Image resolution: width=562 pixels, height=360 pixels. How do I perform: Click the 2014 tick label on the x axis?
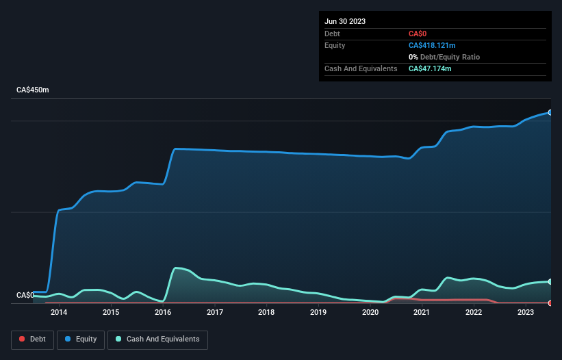point(59,313)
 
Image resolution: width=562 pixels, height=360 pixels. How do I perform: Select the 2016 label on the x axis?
point(163,313)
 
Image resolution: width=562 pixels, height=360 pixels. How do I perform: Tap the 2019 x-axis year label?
point(318,313)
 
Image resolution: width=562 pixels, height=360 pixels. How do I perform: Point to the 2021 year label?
point(422,313)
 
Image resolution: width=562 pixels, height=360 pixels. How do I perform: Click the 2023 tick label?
point(526,313)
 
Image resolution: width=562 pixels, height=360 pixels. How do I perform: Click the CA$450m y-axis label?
point(33,90)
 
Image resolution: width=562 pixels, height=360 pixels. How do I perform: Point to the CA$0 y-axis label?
point(25,295)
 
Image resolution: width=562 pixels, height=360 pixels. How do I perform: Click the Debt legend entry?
point(31,339)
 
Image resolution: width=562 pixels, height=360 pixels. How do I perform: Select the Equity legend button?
point(81,339)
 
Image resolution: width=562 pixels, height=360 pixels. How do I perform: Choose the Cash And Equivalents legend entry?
point(157,339)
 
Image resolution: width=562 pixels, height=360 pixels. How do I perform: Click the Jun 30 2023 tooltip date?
point(345,21)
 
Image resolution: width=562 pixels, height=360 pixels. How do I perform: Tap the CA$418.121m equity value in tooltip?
point(432,45)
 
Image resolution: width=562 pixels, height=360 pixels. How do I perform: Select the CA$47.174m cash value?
point(430,68)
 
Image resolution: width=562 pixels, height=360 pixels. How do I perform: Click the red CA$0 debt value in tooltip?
point(418,34)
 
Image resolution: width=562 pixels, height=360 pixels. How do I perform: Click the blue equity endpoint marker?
point(550,112)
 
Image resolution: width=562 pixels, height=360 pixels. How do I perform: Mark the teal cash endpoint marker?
point(550,281)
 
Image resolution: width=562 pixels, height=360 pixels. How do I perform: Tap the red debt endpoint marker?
point(550,303)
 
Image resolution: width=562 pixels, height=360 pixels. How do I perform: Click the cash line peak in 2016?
point(177,268)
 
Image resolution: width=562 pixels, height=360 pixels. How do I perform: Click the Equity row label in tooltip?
point(335,45)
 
